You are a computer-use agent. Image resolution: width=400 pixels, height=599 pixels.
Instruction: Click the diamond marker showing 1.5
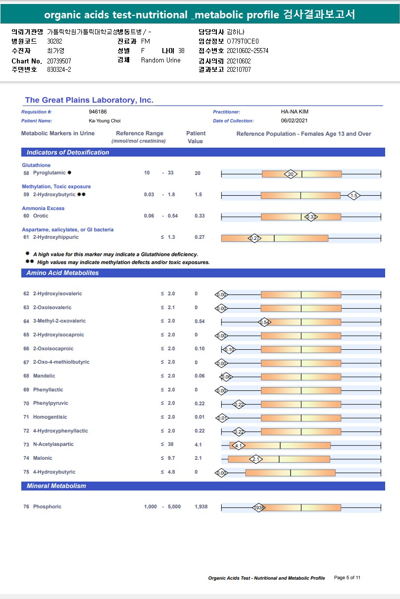click(x=353, y=196)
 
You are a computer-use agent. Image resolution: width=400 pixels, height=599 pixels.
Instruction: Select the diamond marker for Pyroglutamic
click(x=291, y=174)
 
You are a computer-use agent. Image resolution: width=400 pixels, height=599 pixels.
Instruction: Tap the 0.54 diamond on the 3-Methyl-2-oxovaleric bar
click(x=264, y=323)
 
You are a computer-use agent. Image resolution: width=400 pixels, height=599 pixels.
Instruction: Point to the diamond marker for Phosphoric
click(x=259, y=508)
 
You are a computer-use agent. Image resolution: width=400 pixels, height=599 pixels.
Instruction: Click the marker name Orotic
click(x=41, y=216)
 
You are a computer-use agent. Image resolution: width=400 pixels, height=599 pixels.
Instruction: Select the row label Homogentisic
click(x=50, y=417)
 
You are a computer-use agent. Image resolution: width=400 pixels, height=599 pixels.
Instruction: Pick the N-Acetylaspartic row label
click(x=53, y=444)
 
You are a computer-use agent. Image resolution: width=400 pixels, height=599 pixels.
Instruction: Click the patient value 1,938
click(x=201, y=507)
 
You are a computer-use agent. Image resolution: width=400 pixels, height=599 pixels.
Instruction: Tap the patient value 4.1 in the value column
click(x=198, y=444)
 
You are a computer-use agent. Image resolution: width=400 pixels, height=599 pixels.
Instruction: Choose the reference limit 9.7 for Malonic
click(x=171, y=458)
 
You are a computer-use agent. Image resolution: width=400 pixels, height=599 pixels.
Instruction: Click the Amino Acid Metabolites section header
click(x=62, y=273)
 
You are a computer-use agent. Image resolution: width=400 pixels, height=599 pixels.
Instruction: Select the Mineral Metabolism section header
click(x=56, y=486)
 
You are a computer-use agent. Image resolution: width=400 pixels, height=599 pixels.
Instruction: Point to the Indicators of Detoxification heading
click(x=68, y=153)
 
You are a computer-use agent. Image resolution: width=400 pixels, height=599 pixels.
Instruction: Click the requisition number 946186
click(x=98, y=112)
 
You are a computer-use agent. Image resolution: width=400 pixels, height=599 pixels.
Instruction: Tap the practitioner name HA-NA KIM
click(x=295, y=112)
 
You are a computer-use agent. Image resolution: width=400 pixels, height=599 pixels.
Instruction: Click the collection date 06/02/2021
click(x=295, y=121)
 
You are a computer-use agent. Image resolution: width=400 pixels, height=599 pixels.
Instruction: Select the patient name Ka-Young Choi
click(x=104, y=121)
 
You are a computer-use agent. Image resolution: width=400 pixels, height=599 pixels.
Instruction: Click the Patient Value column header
click(x=196, y=137)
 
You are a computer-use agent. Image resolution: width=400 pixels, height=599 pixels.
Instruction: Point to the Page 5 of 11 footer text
click(x=347, y=578)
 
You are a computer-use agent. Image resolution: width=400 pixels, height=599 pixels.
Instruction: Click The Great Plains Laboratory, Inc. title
click(x=89, y=100)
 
